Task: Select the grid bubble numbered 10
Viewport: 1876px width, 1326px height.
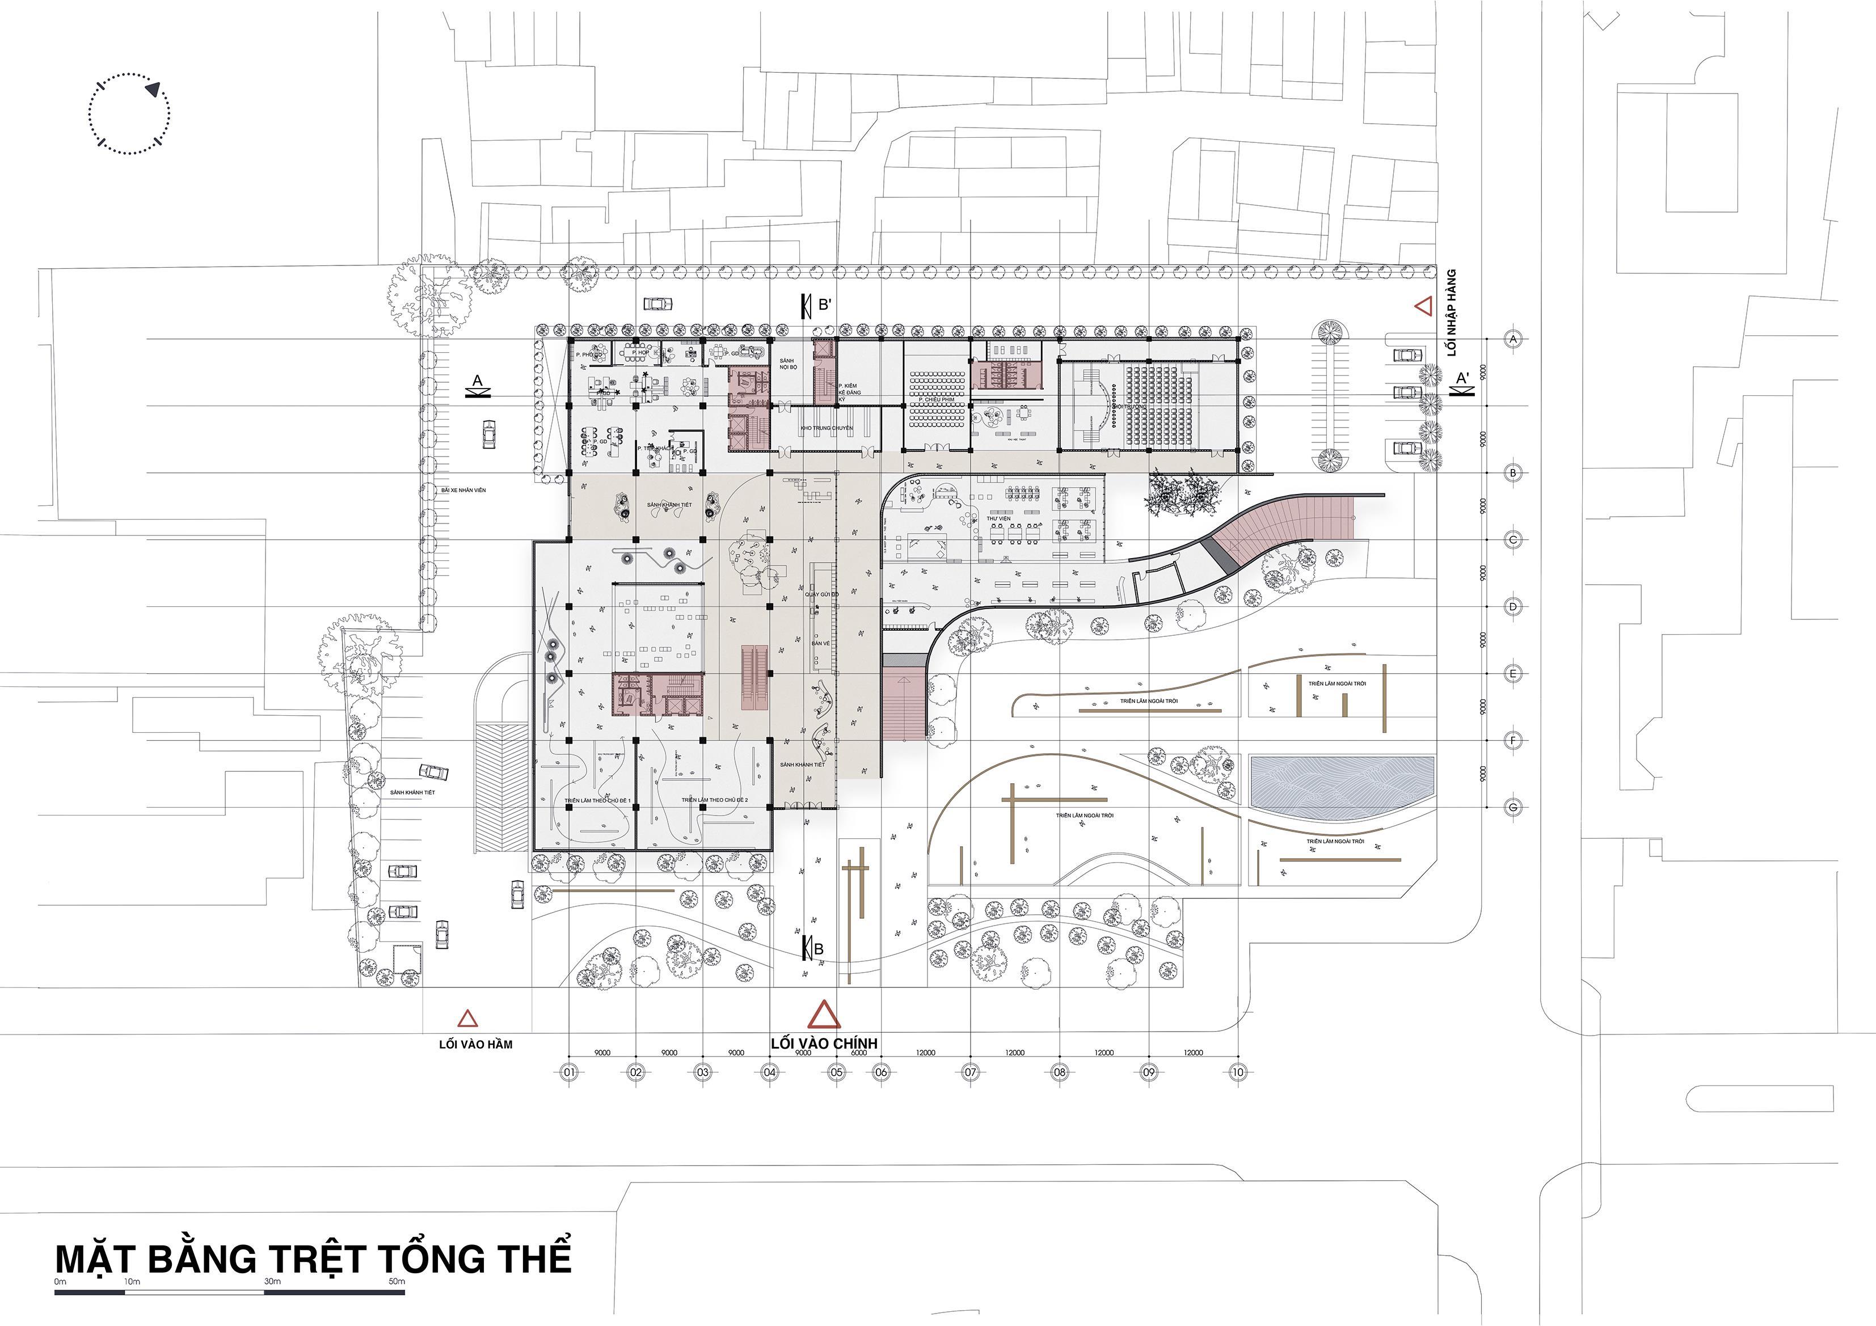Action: [x=1238, y=1072]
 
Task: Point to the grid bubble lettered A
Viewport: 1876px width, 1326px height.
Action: [x=1513, y=338]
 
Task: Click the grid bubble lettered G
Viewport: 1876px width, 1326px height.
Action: [x=1513, y=807]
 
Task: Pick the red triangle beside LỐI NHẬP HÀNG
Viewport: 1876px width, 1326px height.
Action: [x=1423, y=306]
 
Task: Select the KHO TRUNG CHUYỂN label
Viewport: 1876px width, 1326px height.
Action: [x=826, y=428]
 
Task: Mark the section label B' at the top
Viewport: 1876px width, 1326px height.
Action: [x=825, y=305]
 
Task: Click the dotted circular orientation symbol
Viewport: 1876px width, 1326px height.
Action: [x=129, y=113]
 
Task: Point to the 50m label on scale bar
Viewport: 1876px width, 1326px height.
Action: [x=397, y=1281]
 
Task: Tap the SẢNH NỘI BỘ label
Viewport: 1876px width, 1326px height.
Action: [x=787, y=364]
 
